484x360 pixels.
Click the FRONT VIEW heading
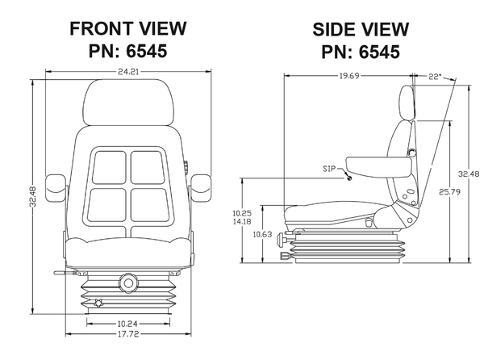tap(128, 29)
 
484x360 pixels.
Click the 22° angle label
tap(436, 77)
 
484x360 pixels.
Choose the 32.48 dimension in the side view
tap(467, 173)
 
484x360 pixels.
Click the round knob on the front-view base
tap(127, 283)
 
